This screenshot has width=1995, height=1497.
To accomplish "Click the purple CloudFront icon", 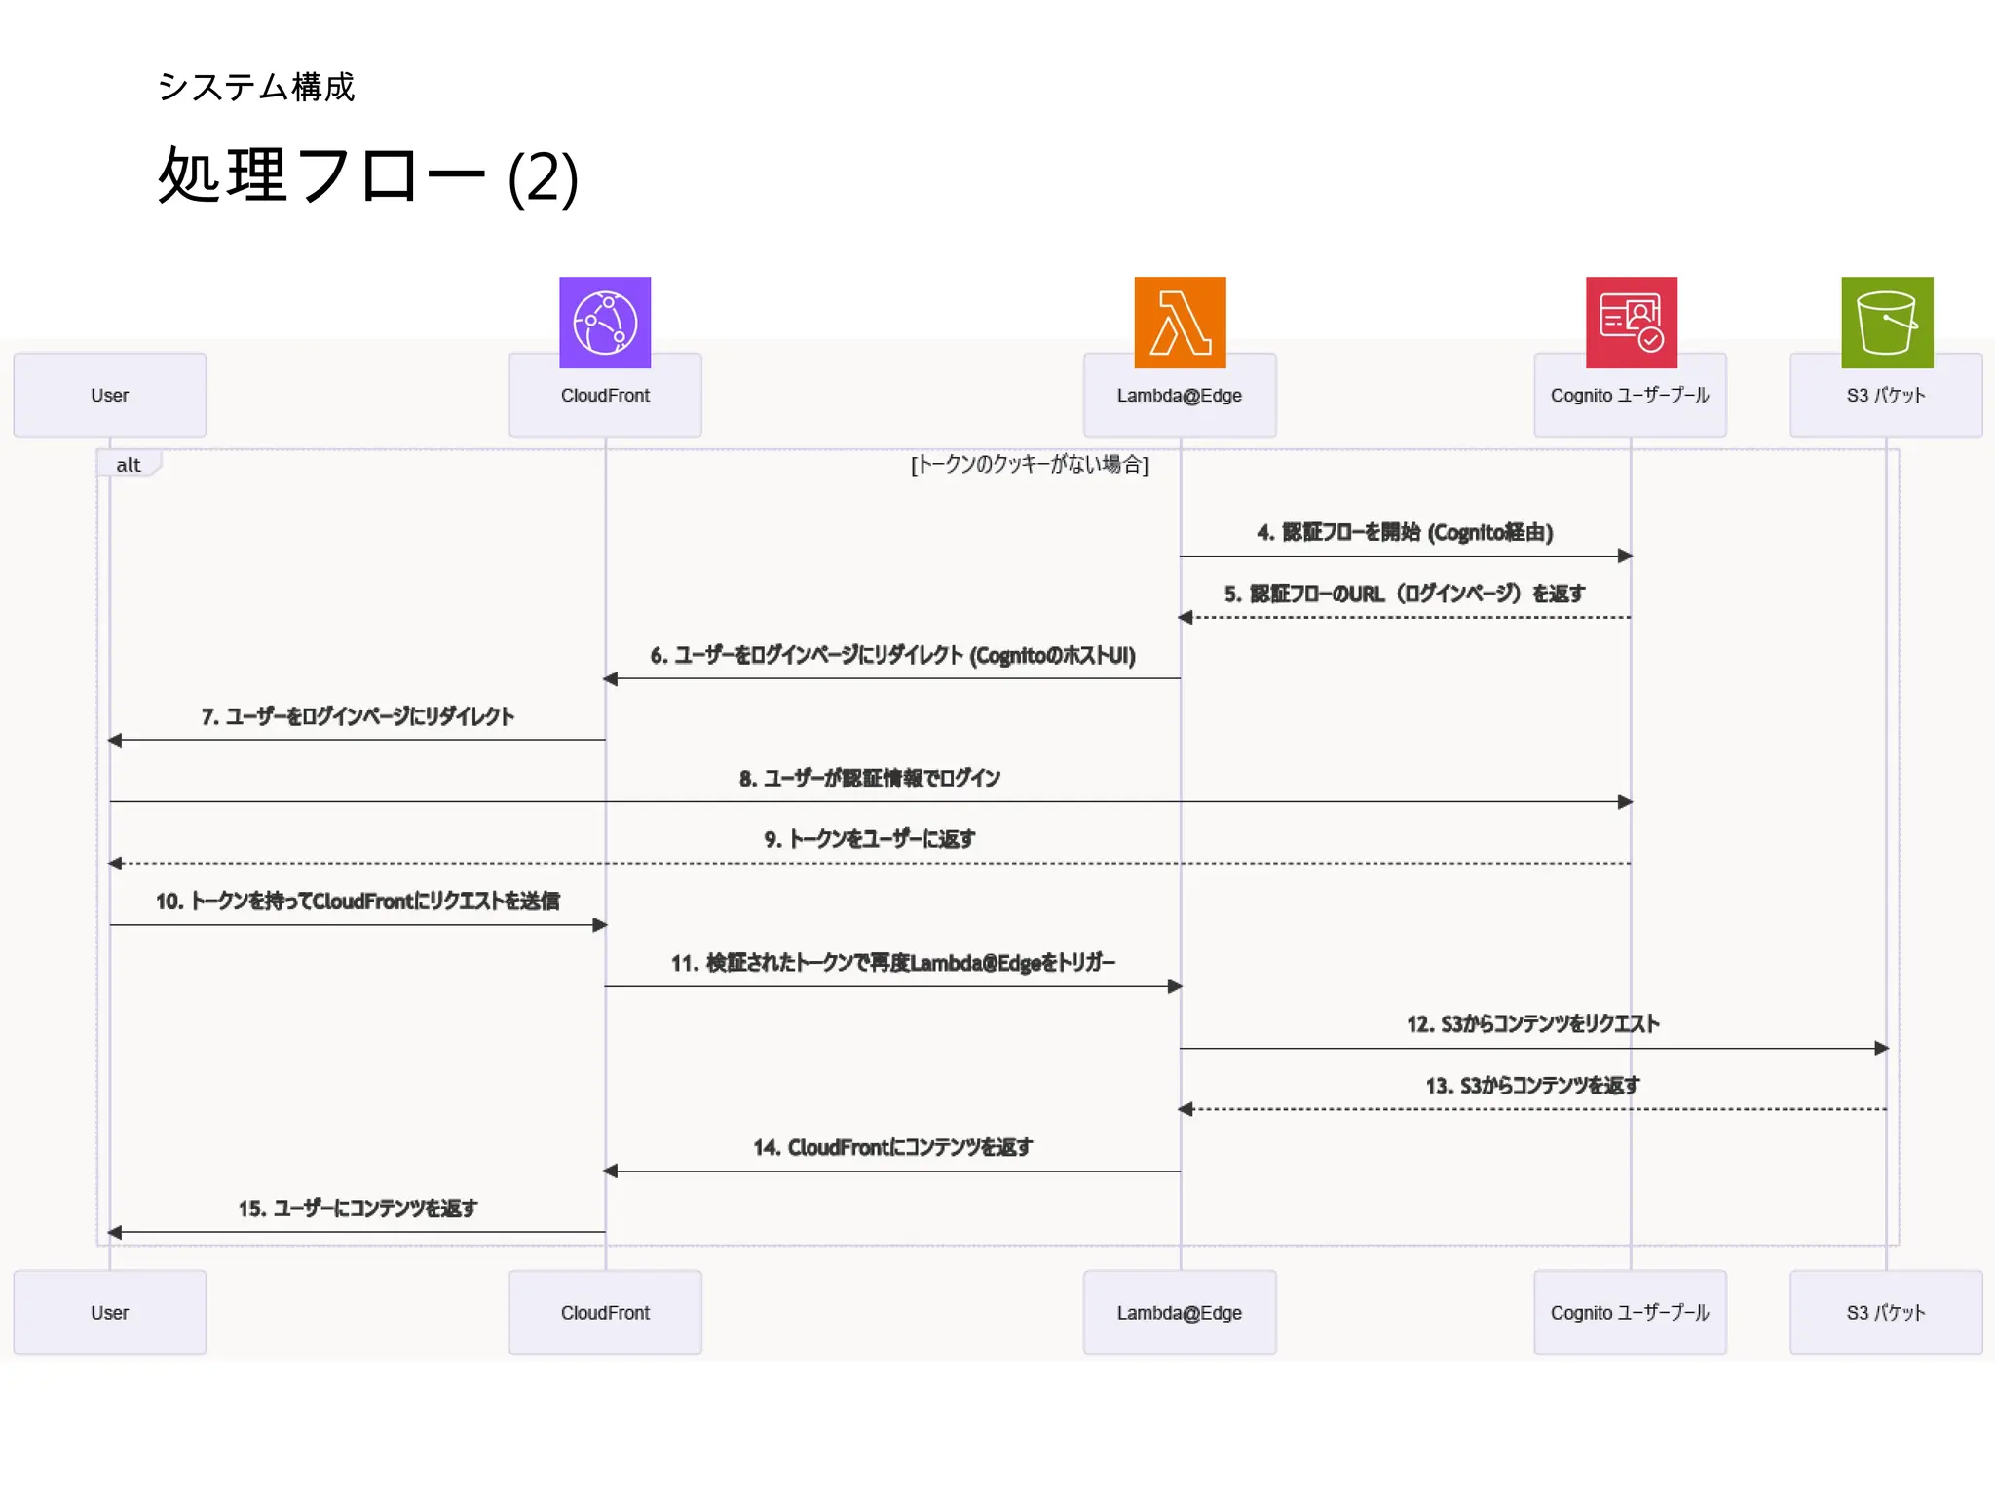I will pyautogui.click(x=604, y=322).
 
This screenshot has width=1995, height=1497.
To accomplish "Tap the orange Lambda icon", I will pyautogui.click(x=1180, y=322).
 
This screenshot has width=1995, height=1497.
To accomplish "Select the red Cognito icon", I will pyautogui.click(x=1631, y=322).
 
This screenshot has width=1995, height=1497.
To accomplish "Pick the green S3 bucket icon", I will pyautogui.click(x=1886, y=322).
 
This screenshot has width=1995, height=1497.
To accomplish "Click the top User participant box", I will pyautogui.click(x=109, y=395).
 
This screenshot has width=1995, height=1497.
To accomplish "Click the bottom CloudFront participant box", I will pyautogui.click(x=604, y=1312).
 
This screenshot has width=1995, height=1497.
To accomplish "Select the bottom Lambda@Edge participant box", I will pyautogui.click(x=1179, y=1312).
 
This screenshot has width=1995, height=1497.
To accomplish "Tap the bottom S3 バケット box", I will pyautogui.click(x=1886, y=1312).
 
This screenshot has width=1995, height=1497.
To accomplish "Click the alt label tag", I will pyautogui.click(x=129, y=464).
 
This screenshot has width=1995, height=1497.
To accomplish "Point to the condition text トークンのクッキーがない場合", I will pyautogui.click(x=1030, y=464).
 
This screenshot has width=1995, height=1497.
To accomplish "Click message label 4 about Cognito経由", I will pyautogui.click(x=1405, y=532).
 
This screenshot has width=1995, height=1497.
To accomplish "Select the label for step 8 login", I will pyautogui.click(x=869, y=778).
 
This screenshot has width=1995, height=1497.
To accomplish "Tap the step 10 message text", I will pyautogui.click(x=358, y=901).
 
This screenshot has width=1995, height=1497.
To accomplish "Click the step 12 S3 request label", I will pyautogui.click(x=1532, y=1023).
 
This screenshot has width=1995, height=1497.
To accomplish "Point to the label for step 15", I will pyautogui.click(x=358, y=1209).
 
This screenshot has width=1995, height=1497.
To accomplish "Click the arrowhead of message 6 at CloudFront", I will pyautogui.click(x=611, y=678).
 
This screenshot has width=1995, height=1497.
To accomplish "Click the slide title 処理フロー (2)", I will pyautogui.click(x=368, y=176).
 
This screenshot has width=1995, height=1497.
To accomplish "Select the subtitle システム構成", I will pyautogui.click(x=256, y=87).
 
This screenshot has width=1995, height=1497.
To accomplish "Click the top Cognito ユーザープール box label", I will pyautogui.click(x=1630, y=395).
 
